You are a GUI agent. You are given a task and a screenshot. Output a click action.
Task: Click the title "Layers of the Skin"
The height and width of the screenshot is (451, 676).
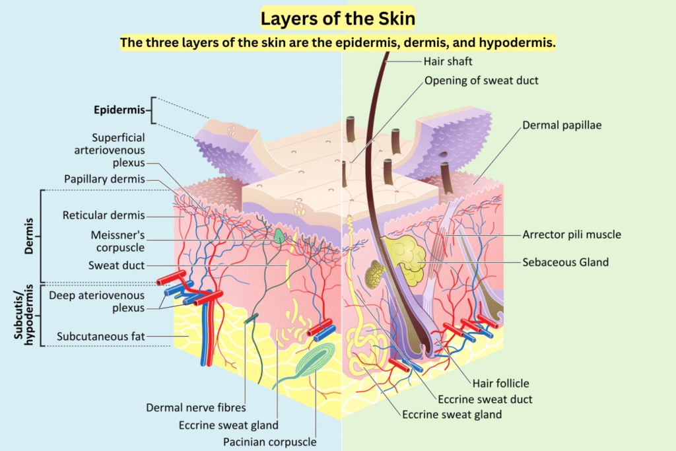click(x=337, y=18)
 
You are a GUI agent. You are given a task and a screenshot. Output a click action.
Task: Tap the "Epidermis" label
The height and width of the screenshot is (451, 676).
click(x=119, y=110)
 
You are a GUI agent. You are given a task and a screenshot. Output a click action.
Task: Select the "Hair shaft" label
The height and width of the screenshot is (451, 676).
click(x=448, y=62)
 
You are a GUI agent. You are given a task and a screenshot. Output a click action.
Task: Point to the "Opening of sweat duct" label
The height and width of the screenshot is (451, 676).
click(x=481, y=81)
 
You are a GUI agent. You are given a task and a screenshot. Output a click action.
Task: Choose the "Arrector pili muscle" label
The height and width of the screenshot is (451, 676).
click(x=572, y=234)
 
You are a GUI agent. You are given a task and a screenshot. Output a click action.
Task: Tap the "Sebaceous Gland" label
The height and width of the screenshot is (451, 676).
click(x=566, y=262)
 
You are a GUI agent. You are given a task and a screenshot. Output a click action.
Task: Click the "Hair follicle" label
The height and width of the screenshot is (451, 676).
click(x=500, y=383)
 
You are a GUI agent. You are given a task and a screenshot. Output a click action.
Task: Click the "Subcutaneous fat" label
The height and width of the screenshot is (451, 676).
click(x=101, y=337)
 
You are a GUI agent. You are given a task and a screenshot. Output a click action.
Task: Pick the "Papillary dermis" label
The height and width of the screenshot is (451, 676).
click(x=104, y=179)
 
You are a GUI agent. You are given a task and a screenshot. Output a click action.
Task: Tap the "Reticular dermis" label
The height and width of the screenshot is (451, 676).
click(x=104, y=215)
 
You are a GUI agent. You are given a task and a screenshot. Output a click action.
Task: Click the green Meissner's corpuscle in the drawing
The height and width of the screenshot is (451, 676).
click(x=280, y=236)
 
